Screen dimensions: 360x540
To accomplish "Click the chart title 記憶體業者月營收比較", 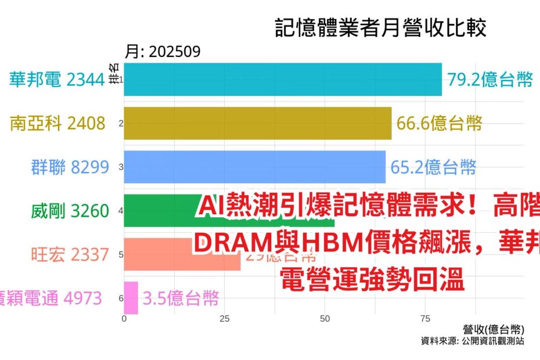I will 380,28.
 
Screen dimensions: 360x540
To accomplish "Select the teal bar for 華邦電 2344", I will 283,80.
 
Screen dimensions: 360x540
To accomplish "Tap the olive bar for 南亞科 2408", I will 257,123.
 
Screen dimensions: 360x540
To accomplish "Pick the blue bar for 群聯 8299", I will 254,167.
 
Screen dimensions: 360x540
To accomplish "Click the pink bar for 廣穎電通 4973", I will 131,298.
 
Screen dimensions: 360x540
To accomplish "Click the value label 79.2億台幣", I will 489,80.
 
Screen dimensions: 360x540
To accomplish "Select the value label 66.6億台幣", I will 439,123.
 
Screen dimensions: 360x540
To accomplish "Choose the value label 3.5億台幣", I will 181,298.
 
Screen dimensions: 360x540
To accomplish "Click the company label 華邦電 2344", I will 57,80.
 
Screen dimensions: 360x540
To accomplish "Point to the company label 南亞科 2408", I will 58,123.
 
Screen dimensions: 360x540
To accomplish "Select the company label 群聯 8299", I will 70,167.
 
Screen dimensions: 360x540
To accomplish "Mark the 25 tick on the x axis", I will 225,319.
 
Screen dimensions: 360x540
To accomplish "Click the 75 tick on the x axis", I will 425,319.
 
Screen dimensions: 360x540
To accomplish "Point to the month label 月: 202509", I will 163,52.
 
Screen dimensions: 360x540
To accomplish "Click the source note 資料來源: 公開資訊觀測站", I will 472,341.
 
